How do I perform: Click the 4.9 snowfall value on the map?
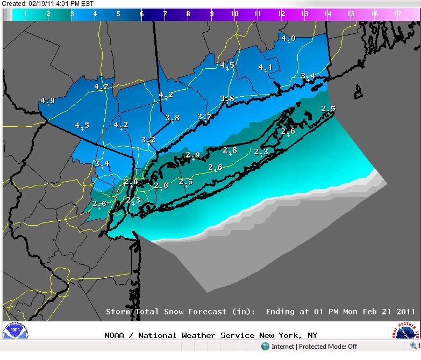47,100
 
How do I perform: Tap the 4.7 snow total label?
101,87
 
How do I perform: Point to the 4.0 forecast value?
288,38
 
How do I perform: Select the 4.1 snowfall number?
265,68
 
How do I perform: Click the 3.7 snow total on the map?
204,117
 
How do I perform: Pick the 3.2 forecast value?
148,140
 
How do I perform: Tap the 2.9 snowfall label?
192,155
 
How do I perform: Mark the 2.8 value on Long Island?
230,150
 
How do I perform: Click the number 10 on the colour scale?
234,14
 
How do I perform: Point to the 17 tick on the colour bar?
397,14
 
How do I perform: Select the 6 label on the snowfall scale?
142,14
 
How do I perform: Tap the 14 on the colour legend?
328,14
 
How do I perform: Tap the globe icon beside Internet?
265,347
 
